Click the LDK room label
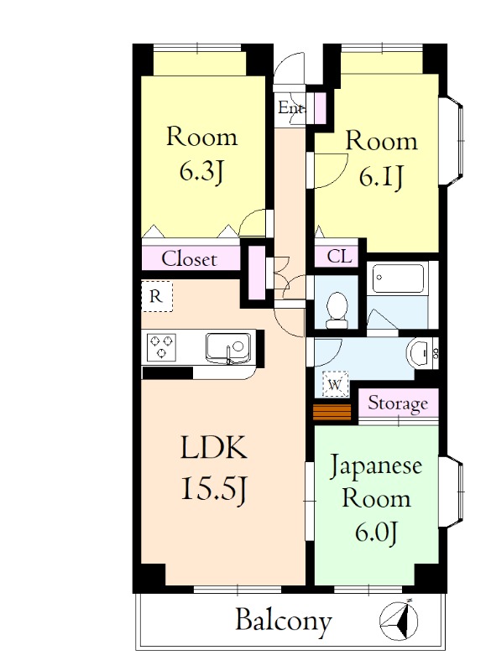214,450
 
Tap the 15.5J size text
214,489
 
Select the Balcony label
283,622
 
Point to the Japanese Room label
375,481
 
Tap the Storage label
399,403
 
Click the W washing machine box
335,384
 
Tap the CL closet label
339,255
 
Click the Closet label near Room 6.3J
189,259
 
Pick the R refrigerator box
156,296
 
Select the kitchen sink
227,346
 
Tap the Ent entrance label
290,107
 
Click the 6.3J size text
201,171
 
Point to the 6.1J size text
381,177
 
